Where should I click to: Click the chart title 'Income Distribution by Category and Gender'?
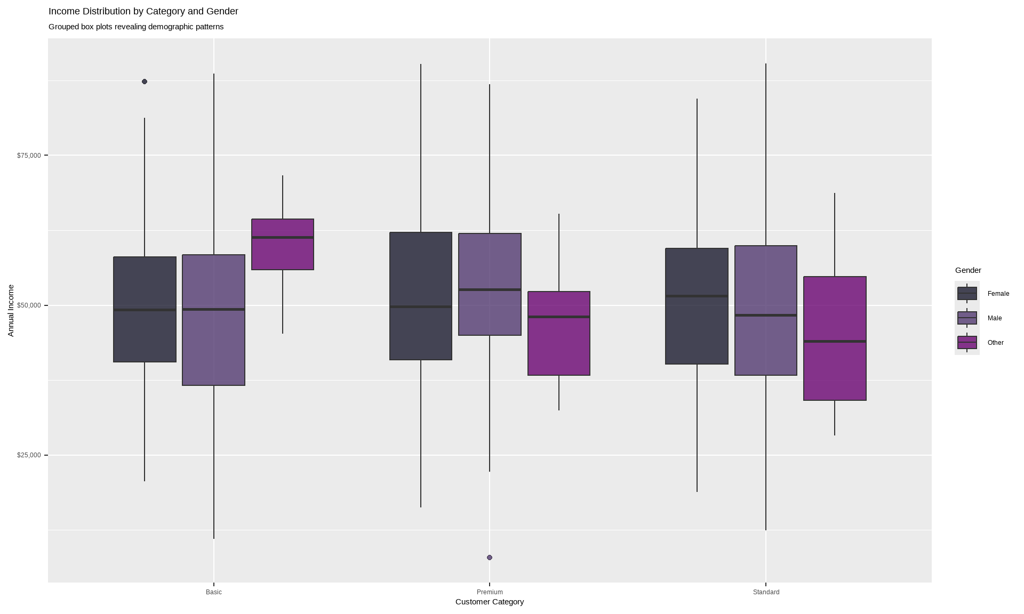point(143,11)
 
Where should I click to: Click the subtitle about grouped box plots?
point(136,27)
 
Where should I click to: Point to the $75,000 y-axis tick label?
point(29,156)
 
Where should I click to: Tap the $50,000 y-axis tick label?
point(29,305)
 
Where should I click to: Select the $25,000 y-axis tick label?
point(29,455)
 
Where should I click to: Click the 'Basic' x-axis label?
point(213,592)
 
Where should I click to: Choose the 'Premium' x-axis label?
point(490,592)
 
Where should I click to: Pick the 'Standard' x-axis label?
point(766,592)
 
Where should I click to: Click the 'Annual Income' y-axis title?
point(11,310)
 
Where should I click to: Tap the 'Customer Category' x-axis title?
point(490,602)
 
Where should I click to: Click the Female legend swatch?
point(967,294)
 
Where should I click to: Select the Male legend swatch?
point(967,318)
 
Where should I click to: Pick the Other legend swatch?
point(967,343)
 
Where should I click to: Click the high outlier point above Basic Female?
point(145,82)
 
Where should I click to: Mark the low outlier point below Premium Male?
point(490,558)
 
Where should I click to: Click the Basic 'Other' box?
point(283,253)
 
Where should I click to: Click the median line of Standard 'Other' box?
point(835,341)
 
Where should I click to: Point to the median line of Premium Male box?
point(490,289)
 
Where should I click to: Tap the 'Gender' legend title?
point(968,270)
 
